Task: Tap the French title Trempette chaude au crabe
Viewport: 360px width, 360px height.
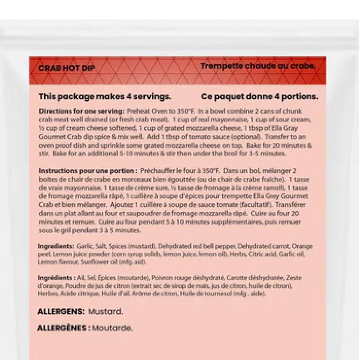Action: tap(258, 66)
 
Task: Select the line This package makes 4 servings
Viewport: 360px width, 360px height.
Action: tap(105, 96)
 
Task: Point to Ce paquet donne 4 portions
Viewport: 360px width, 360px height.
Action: tap(260, 96)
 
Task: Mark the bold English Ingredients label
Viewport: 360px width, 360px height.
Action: tap(56, 246)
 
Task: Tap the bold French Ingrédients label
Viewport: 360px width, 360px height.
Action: tap(57, 278)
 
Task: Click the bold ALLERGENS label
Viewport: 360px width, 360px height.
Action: tap(61, 312)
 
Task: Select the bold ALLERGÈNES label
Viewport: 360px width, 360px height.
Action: tap(63, 328)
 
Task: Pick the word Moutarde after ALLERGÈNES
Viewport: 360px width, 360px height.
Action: tap(112, 328)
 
